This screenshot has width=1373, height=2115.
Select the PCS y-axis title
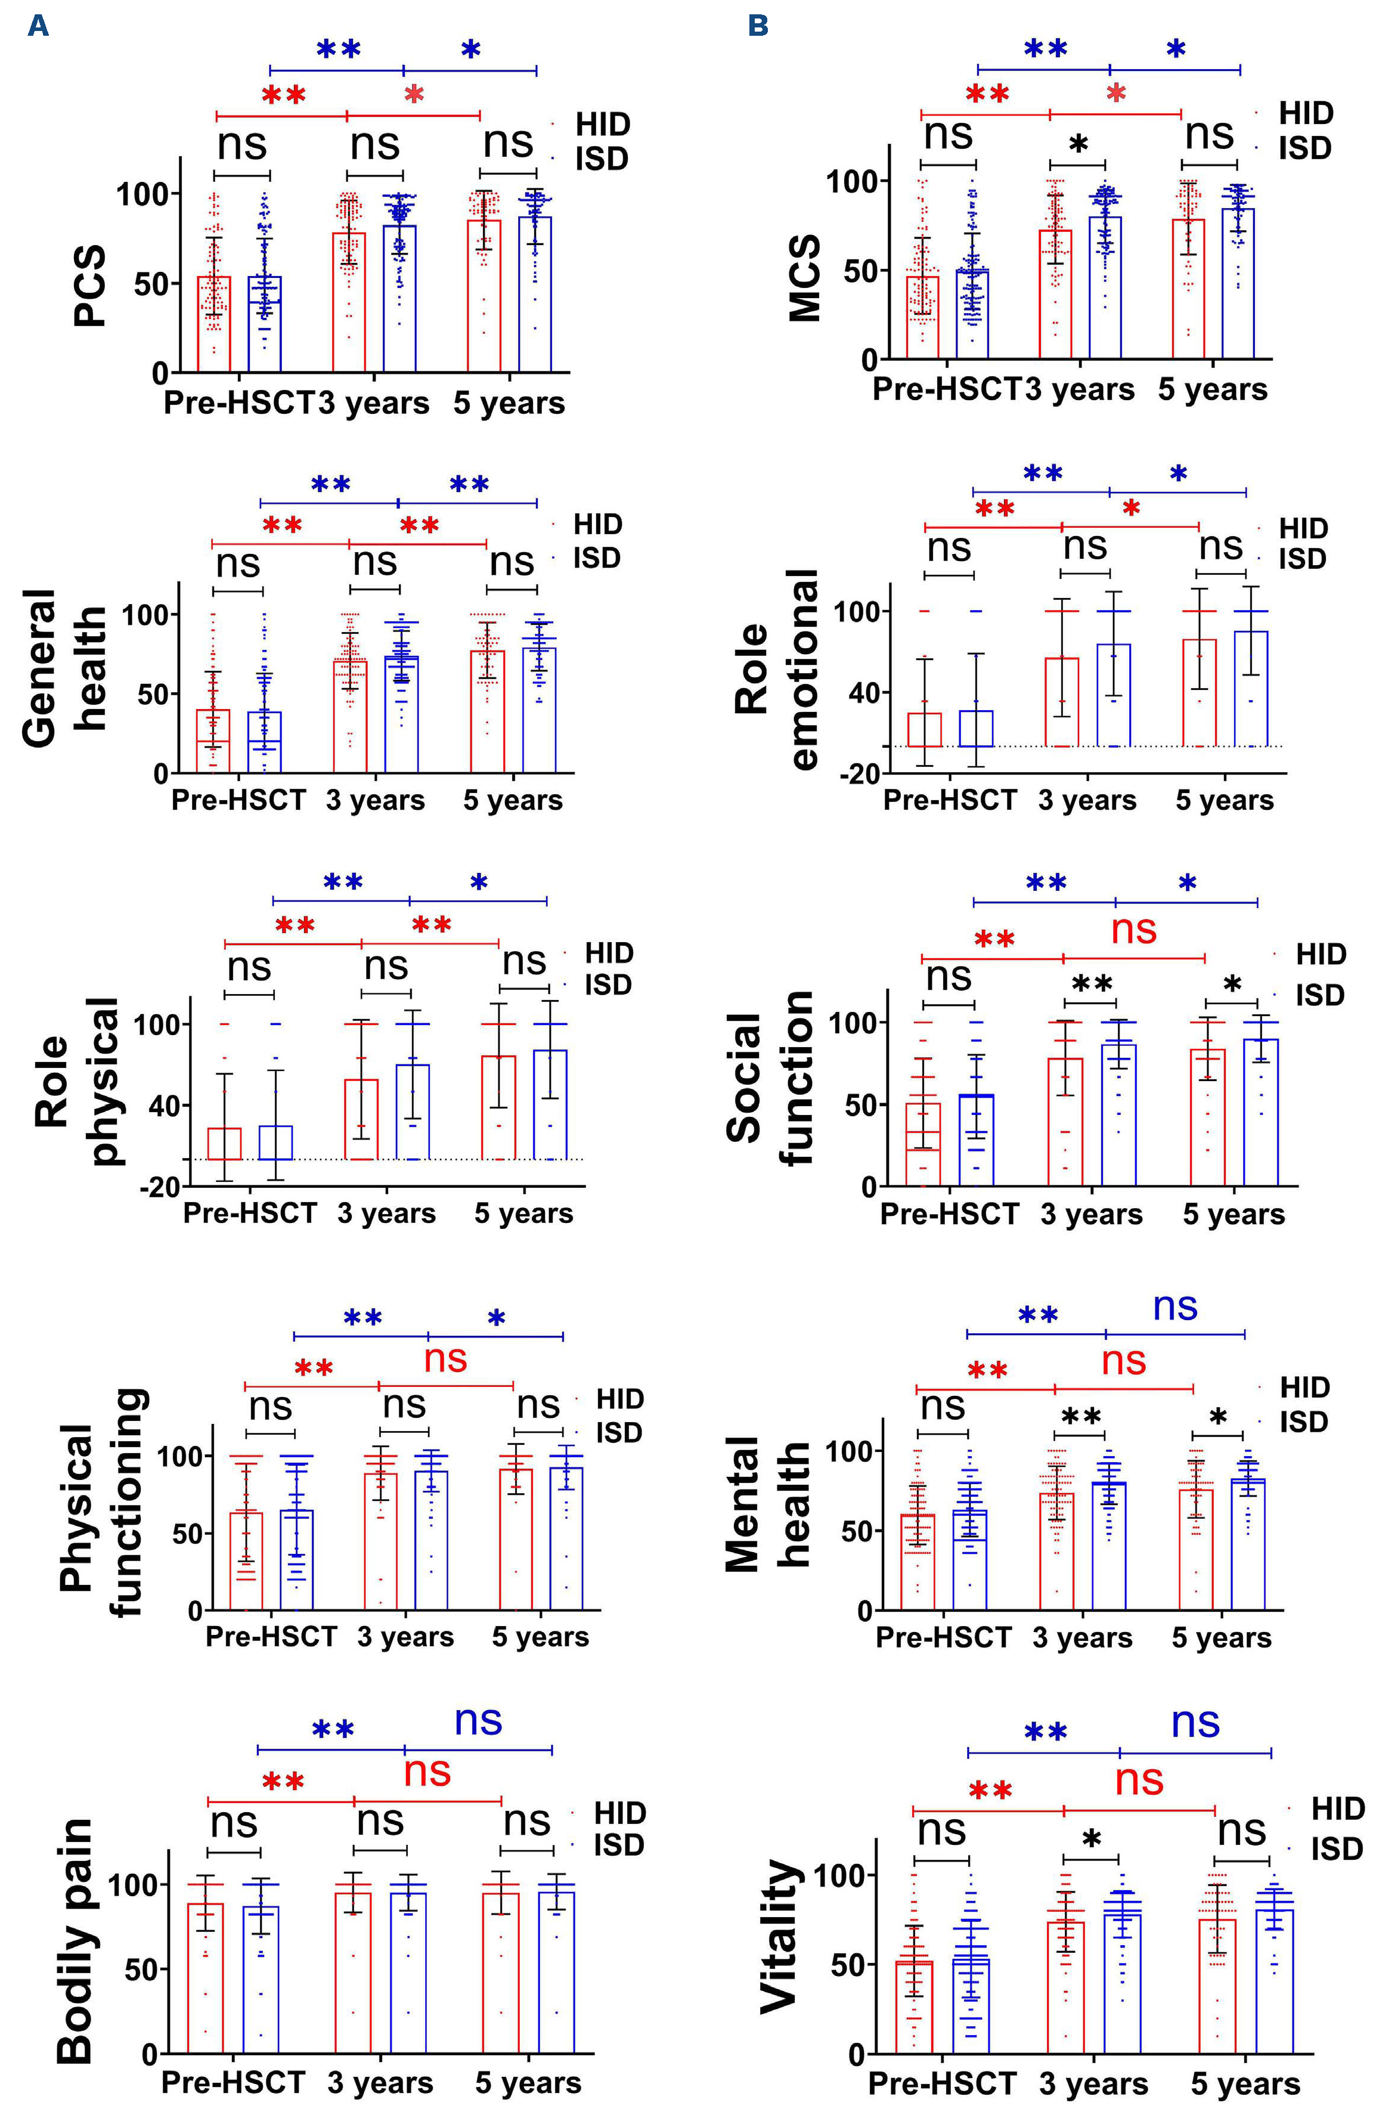point(90,286)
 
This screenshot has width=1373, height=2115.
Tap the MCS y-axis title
point(804,277)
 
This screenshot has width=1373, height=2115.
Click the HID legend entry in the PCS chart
point(603,125)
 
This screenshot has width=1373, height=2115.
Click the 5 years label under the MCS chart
point(1212,389)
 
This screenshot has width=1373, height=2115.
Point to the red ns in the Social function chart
point(1134,930)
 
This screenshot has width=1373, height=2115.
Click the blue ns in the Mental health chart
point(1175,1306)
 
